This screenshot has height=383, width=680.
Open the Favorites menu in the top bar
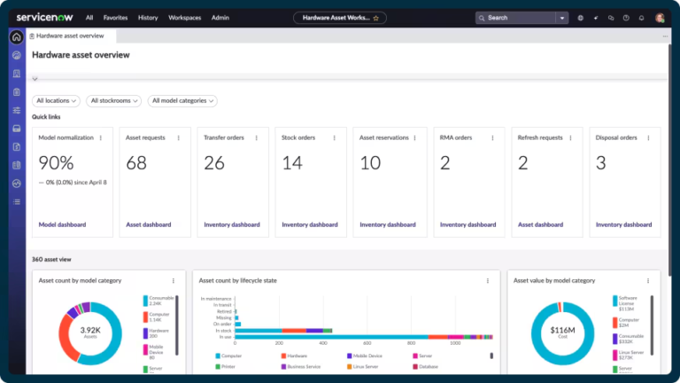(x=115, y=17)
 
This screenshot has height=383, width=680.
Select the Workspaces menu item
(x=185, y=17)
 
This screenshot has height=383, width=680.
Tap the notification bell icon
(x=641, y=17)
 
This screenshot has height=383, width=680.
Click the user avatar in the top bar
(x=661, y=17)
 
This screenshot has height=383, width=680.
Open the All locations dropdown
(x=57, y=101)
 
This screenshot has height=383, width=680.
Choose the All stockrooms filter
(x=114, y=101)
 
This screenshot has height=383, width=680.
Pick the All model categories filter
(x=182, y=101)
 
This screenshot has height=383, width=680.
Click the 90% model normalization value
(x=56, y=163)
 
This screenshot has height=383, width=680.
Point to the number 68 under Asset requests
(x=136, y=163)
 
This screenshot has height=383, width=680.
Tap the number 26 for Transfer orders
(x=214, y=163)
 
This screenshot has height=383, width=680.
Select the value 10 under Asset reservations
(x=370, y=163)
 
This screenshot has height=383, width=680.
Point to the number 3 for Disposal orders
(x=600, y=163)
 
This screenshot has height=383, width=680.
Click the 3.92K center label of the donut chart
(x=91, y=330)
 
